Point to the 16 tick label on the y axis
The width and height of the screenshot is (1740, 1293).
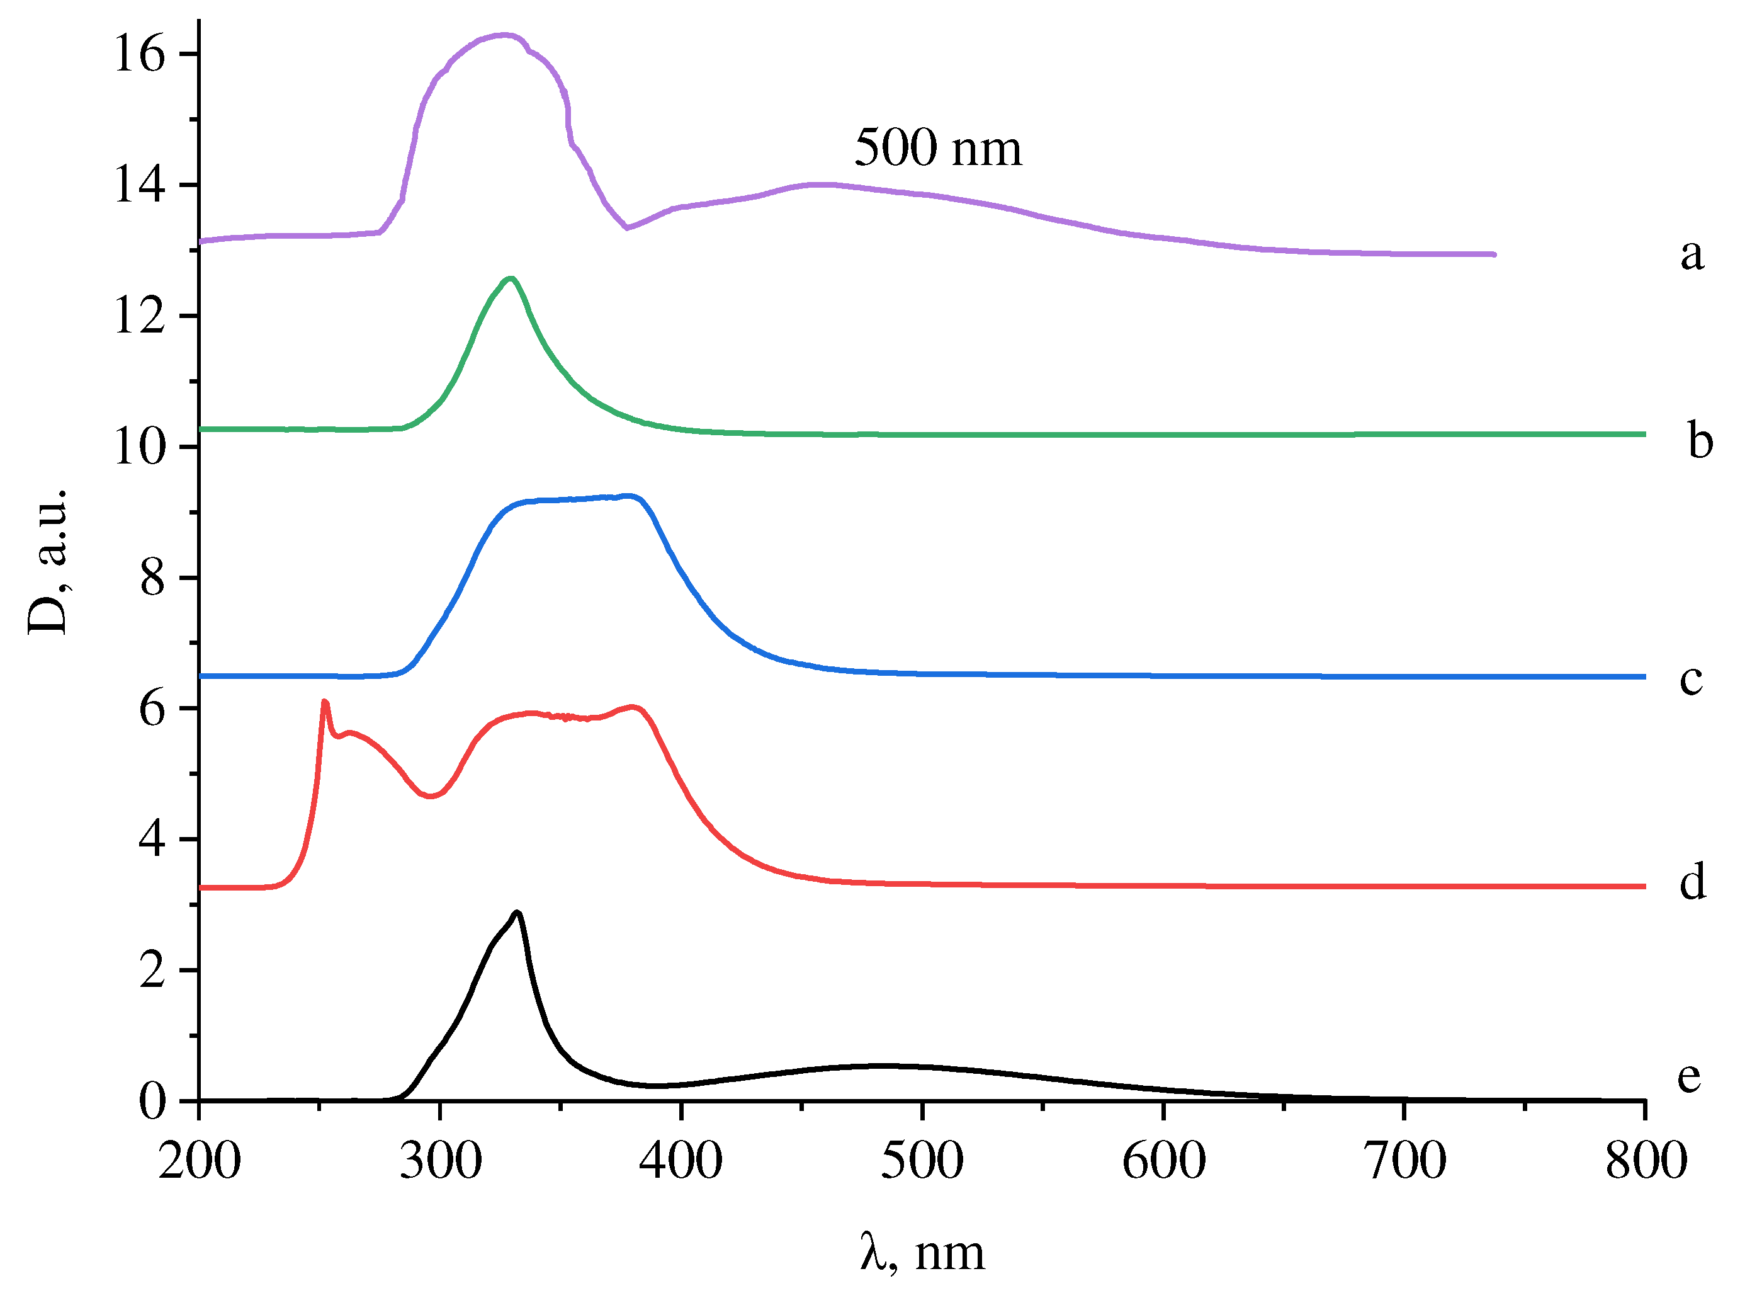click(139, 54)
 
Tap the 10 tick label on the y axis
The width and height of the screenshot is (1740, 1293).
click(139, 448)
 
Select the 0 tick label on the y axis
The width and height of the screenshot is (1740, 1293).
click(152, 1102)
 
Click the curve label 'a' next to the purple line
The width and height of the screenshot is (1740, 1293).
click(1692, 254)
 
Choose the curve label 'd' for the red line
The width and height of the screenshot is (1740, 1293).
click(1692, 882)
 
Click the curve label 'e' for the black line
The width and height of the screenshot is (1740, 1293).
click(1688, 1077)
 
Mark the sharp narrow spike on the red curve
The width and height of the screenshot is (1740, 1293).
click(325, 702)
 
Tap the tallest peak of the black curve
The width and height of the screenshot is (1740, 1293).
click(517, 913)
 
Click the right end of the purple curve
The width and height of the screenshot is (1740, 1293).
click(1494, 254)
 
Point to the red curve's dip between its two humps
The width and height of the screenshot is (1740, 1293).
click(429, 796)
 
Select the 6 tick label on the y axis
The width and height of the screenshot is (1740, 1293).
click(152, 709)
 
